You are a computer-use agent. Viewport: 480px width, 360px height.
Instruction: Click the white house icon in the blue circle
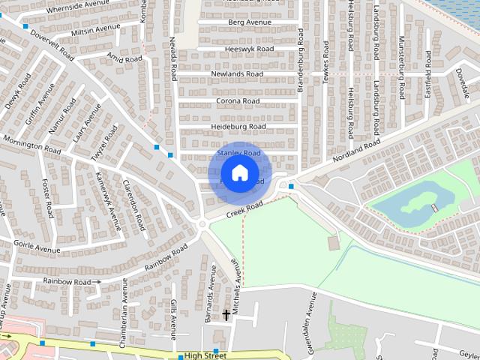pos(239,173)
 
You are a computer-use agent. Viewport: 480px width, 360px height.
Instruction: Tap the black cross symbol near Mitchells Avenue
pos(226,315)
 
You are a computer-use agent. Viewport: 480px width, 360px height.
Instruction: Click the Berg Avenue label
pos(250,23)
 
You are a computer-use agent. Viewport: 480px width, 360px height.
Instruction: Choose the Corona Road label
pos(238,100)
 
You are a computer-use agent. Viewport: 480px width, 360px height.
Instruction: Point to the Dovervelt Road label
pos(50,44)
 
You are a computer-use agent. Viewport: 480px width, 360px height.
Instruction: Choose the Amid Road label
pos(124,58)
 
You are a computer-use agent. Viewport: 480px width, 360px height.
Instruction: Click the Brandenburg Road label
pos(300,60)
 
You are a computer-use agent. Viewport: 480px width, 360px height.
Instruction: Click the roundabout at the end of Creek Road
pos(201,224)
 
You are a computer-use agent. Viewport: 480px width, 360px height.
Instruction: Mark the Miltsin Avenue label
pos(95,29)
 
